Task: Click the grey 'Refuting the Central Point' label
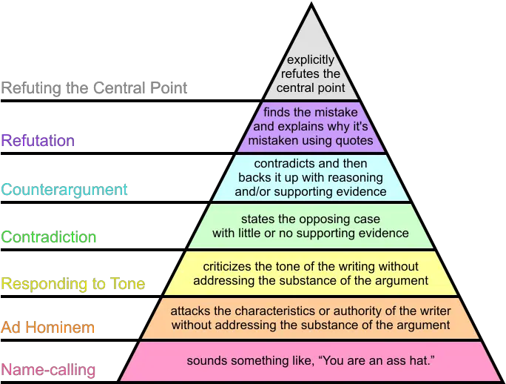click(x=94, y=88)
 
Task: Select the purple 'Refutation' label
click(x=38, y=141)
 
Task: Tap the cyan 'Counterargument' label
click(x=64, y=190)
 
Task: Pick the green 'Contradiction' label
click(x=49, y=236)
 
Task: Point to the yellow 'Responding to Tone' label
click(x=73, y=284)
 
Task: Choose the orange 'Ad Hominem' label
click(x=48, y=327)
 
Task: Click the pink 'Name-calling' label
click(x=48, y=370)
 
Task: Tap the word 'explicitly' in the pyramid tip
click(x=311, y=60)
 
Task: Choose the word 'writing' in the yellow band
click(x=355, y=267)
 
